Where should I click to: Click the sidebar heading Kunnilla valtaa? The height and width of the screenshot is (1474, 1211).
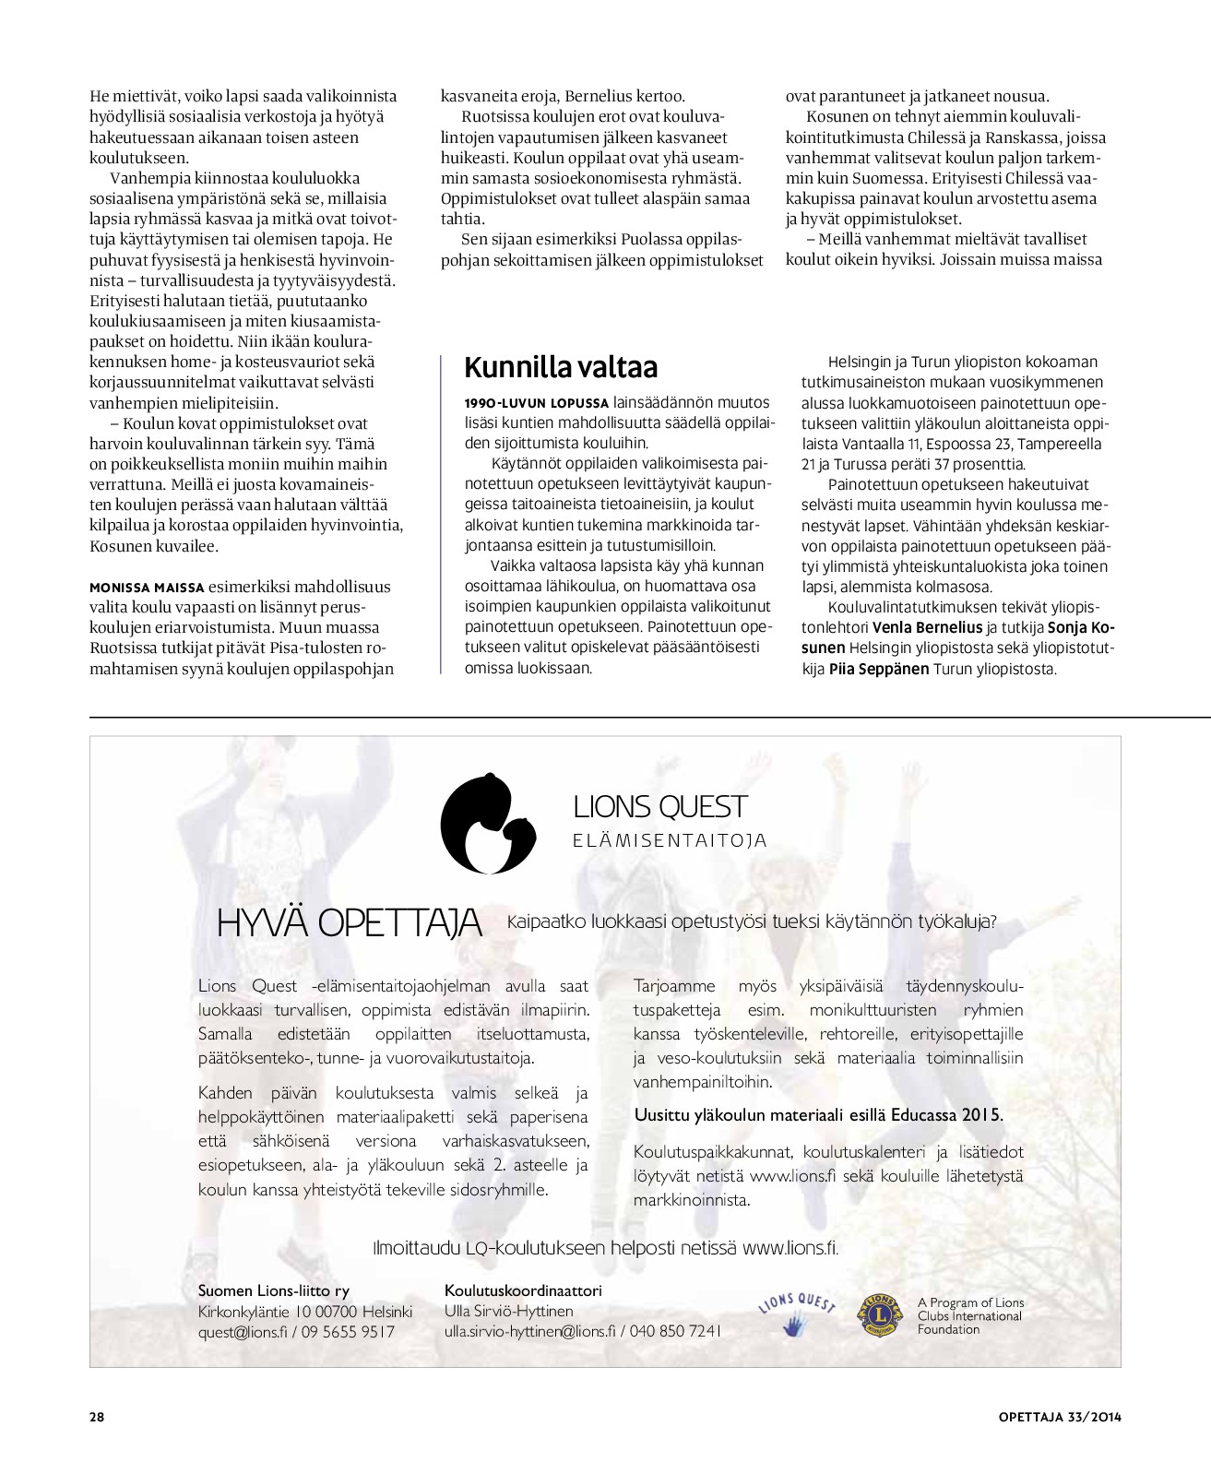[561, 367]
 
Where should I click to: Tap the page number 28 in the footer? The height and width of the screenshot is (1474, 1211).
[97, 1417]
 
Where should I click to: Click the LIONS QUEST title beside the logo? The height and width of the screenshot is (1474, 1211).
[659, 807]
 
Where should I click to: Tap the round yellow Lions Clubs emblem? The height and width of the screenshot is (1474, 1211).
[879, 1315]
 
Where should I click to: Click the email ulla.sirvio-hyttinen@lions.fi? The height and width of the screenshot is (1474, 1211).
[529, 1331]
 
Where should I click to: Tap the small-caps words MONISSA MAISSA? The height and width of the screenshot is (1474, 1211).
[147, 588]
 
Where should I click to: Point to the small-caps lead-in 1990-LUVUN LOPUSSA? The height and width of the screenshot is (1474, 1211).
[537, 403]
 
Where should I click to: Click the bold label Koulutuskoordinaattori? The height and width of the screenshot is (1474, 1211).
[523, 1290]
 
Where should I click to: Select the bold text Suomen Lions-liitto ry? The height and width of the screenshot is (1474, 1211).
[274, 1290]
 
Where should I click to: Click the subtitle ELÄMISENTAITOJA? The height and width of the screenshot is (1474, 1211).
[670, 840]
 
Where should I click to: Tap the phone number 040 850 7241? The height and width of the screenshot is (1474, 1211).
[676, 1331]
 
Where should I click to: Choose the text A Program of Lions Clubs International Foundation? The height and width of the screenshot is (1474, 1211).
[970, 1316]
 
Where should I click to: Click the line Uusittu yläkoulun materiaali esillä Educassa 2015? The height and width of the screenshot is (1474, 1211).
[818, 1114]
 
